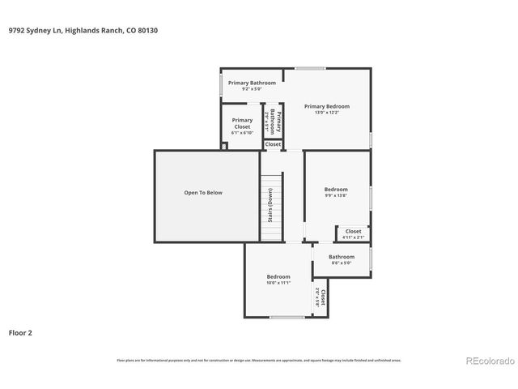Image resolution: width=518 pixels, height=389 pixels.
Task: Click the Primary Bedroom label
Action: coord(327,106)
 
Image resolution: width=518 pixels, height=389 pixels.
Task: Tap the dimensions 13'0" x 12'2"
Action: coord(327,113)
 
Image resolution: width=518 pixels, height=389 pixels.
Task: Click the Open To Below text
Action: coord(202,193)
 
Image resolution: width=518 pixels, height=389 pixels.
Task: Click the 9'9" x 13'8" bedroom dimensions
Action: coord(336,196)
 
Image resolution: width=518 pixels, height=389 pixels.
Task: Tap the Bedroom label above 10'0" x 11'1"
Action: coord(278,276)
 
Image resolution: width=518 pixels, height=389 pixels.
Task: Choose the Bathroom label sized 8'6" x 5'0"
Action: coord(342,257)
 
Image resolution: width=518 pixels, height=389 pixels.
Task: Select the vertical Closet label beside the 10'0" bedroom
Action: coord(323,297)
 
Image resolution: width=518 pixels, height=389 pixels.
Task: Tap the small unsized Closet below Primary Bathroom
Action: coord(273,144)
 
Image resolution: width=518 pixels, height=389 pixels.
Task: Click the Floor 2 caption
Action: coord(20,332)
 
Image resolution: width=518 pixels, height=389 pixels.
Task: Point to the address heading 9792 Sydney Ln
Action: coord(61,31)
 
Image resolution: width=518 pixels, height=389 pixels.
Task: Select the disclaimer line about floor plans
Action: coord(259,360)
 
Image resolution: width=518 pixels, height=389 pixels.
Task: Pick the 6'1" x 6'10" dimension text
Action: coord(242,133)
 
